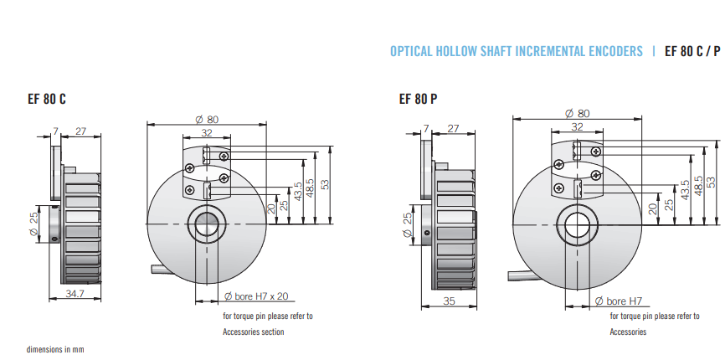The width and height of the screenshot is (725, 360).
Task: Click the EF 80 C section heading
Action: point(47,99)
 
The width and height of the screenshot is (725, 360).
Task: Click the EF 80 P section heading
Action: point(418,99)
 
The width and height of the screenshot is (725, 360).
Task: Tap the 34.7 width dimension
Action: point(75,293)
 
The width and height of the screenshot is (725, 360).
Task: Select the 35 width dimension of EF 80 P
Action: point(449,301)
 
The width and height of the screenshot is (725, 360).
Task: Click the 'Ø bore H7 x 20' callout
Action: point(255,296)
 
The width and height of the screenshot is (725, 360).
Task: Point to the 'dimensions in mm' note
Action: point(55,349)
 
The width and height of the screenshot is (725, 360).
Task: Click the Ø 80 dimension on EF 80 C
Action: point(207,119)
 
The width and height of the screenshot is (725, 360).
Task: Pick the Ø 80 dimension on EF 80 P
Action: point(578,113)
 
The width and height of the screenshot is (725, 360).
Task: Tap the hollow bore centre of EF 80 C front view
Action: point(207,224)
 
